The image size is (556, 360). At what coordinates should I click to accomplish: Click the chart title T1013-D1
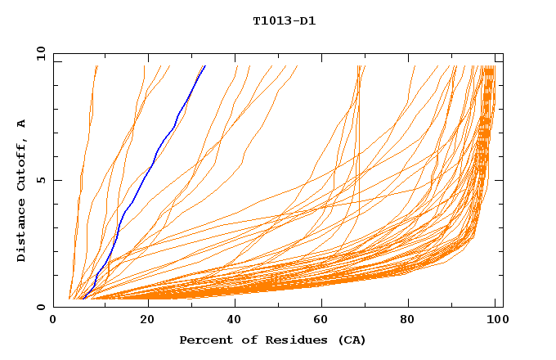tap(284, 21)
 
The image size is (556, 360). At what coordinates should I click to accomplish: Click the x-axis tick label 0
tap(53, 322)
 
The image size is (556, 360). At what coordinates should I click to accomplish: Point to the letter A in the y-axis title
tap(21, 123)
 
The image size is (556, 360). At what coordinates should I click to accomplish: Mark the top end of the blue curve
tap(204, 66)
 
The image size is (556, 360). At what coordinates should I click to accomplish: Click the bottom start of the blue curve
tap(83, 298)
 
